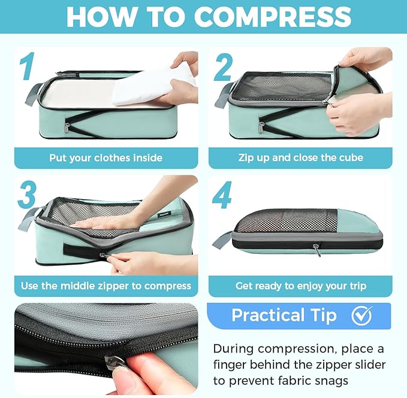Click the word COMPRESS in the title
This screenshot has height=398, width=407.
[273, 16]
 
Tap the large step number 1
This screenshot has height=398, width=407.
[28, 66]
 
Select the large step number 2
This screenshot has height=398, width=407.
[223, 67]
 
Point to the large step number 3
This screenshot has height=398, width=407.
[27, 195]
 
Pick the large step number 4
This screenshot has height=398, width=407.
[222, 195]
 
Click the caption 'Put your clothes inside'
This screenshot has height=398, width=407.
[106, 158]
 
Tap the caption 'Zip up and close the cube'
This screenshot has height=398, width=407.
[300, 157]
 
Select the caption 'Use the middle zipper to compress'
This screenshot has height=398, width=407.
[106, 286]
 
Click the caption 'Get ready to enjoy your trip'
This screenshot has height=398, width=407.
[300, 286]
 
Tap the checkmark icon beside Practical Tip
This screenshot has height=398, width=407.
[362, 315]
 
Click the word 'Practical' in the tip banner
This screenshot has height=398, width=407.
[268, 315]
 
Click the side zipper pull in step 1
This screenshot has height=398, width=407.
[68, 127]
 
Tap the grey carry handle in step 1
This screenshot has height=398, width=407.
[33, 93]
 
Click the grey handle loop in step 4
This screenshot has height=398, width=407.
[221, 240]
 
